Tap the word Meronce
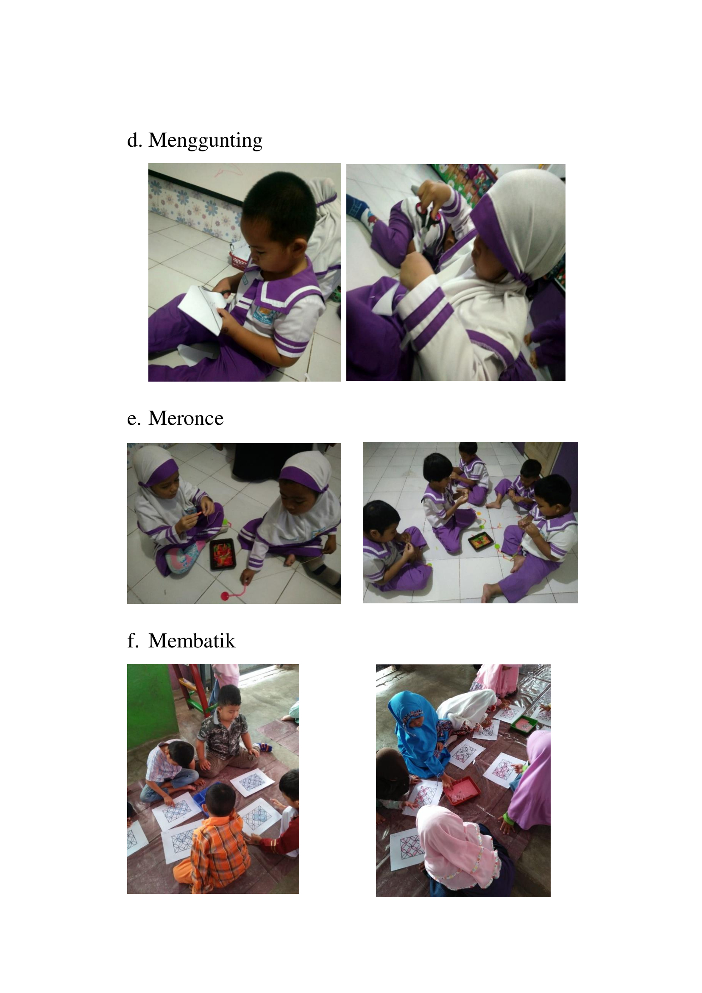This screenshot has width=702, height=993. click(x=186, y=418)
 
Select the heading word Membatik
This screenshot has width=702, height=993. click(x=192, y=641)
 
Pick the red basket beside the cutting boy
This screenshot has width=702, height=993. click(x=239, y=259)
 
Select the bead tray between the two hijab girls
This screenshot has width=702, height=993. click(x=223, y=554)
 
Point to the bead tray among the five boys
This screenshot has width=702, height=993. click(x=481, y=541)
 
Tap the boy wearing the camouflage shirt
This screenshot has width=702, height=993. click(x=226, y=731)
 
